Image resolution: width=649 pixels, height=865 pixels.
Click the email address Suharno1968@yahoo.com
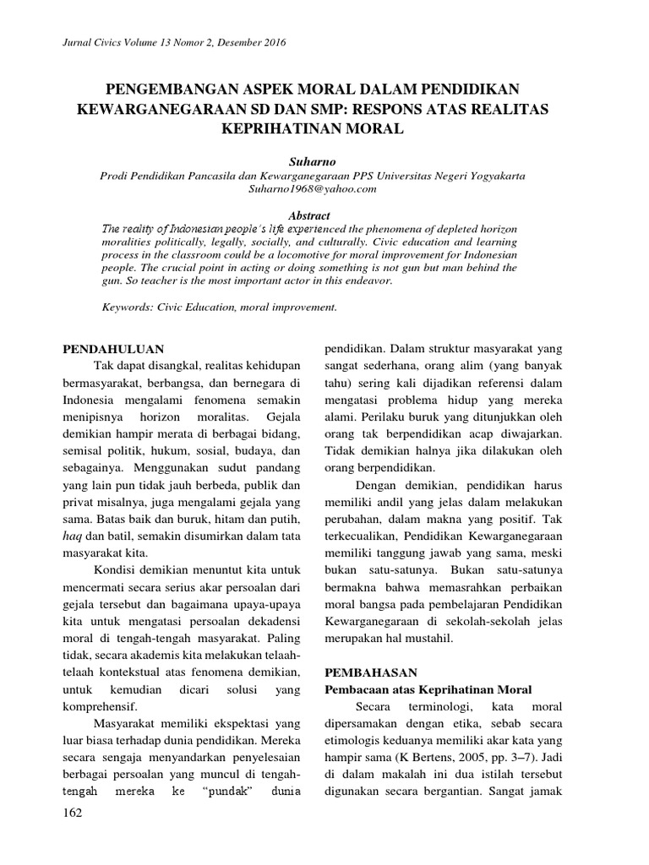click(324, 190)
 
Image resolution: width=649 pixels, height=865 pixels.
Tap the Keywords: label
click(127, 307)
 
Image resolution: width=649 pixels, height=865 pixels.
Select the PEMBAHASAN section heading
click(371, 673)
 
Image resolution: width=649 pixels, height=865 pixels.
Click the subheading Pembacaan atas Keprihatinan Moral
click(428, 690)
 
